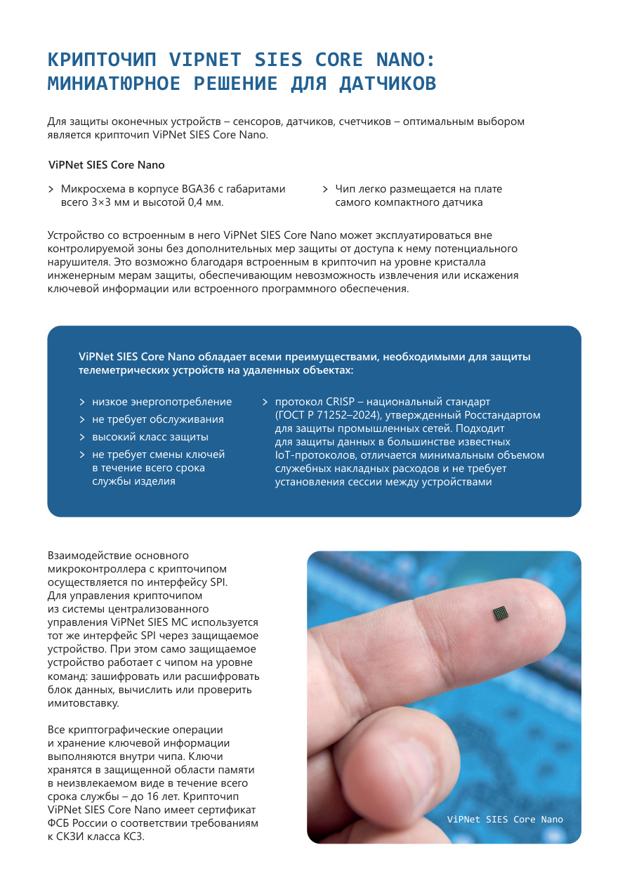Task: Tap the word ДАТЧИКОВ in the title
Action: pyautogui.click(x=388, y=84)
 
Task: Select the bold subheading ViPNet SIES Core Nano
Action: pyautogui.click(x=107, y=165)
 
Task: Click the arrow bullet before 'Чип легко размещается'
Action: pyautogui.click(x=326, y=189)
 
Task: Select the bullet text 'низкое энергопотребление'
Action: pyautogui.click(x=162, y=402)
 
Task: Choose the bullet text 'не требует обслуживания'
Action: pyautogui.click(x=158, y=419)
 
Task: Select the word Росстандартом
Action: pyautogui.click(x=505, y=415)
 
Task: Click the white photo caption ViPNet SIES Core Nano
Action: pyautogui.click(x=505, y=819)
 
